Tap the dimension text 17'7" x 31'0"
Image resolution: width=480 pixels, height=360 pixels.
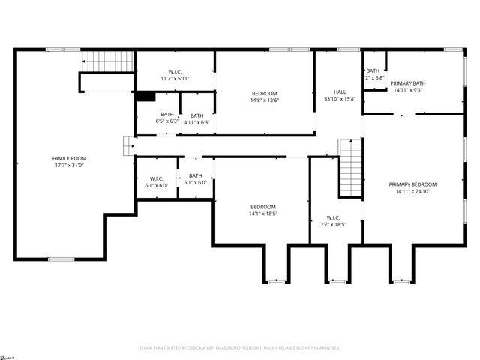coord(69,165)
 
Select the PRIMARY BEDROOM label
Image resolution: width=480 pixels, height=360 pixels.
coord(412,184)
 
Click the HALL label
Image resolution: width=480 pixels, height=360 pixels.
coord(340,91)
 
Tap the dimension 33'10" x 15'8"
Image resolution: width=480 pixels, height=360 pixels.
coord(340,98)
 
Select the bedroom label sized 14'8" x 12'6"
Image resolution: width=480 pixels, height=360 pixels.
coord(263,93)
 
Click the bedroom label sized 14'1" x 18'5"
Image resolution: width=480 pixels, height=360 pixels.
coord(263,206)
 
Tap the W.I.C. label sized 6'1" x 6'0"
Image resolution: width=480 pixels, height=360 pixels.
coord(157,178)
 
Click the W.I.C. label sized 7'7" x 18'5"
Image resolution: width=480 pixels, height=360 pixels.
coord(334,217)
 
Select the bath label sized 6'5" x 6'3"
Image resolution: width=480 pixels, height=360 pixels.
coord(166,115)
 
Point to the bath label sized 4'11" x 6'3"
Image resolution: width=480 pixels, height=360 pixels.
coord(196,115)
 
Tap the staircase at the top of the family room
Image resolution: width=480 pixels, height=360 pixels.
coord(107,61)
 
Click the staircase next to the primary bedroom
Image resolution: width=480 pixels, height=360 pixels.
coord(350,168)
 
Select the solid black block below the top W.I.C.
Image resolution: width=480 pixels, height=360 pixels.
coord(145,96)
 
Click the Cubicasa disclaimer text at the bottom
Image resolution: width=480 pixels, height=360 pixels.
coord(240,348)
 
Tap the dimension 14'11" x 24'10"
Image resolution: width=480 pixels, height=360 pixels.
coord(412,190)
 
